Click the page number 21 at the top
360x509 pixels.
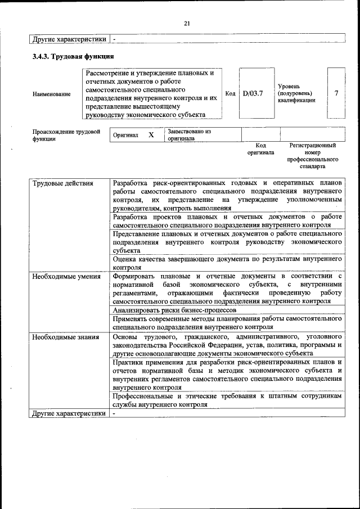coord(187,23)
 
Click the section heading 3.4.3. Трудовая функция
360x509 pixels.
coord(73,57)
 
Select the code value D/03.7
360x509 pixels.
coord(253,93)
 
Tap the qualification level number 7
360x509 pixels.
coord(336,93)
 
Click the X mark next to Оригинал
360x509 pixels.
coord(151,135)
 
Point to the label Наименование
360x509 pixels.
coord(52,94)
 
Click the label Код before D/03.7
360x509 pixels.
coord(230,93)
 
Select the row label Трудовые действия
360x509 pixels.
coord(62,183)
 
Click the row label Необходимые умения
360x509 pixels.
coord(66,276)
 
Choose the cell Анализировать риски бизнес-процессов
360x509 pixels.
coord(174,309)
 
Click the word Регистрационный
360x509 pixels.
coord(313,145)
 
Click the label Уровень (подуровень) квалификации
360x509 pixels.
coord(296,93)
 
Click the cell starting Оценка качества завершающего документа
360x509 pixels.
coord(227,263)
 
